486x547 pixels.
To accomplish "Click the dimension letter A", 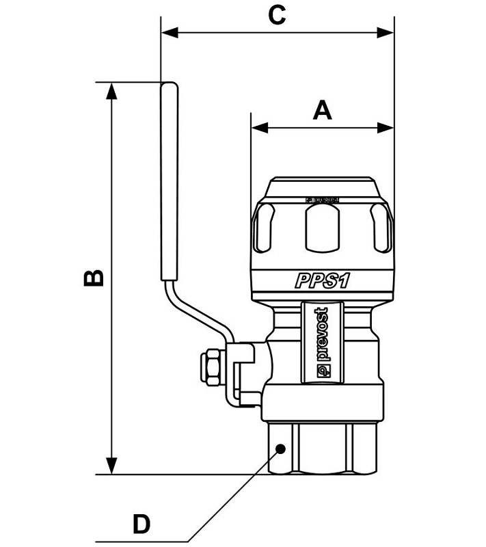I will tap(322, 109).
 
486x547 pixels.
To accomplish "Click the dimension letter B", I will tap(94, 278).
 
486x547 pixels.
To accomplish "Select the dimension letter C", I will tap(276, 15).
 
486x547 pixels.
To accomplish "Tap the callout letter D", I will tap(141, 524).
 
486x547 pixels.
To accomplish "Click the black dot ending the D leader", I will tap(280, 449).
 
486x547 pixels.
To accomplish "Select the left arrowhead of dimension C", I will tap(167, 32).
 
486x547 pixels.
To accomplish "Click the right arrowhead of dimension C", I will tap(388, 32).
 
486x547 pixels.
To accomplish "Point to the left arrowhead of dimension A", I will tap(258, 127).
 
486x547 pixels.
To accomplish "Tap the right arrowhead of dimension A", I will tap(388, 127).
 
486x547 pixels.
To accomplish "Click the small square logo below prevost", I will tap(323, 371).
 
